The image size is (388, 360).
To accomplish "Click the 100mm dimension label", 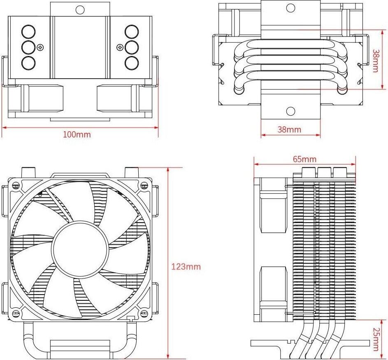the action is pos(77,135).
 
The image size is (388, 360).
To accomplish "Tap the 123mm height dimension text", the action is pos(186,267).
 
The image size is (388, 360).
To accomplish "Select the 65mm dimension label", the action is pos(304,159).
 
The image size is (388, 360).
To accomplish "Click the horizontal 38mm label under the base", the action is pos(289,130).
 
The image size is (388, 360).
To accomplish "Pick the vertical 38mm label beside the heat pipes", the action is pos(376,60).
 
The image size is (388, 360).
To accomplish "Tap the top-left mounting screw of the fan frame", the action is pos(16,185).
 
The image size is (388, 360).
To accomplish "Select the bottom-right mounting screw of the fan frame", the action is pos(144,313).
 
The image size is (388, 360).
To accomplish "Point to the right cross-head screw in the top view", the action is pos(120,47).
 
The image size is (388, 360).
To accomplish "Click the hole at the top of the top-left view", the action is pos(80,9).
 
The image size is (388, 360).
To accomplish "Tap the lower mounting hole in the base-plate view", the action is pos(290,111).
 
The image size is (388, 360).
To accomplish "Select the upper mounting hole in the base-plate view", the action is pos(290,8).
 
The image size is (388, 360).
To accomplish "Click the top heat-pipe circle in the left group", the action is pos(28,32).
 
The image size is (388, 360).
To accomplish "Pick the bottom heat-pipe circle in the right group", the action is pos(132,63).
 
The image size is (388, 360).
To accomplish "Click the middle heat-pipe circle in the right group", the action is pos(132,47).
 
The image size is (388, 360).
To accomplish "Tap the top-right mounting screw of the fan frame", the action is pos(144,185).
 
